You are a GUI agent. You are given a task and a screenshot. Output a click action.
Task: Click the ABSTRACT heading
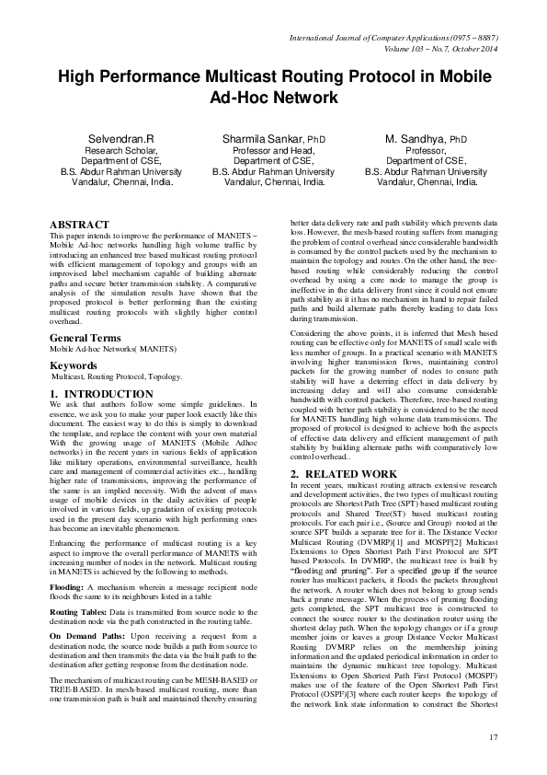80,225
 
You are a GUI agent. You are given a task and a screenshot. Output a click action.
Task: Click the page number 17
493,736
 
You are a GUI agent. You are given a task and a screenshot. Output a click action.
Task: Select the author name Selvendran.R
120,138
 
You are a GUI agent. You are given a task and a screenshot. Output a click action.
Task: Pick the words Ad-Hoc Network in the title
274,97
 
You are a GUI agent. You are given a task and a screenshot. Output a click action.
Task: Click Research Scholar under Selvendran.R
120,150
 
